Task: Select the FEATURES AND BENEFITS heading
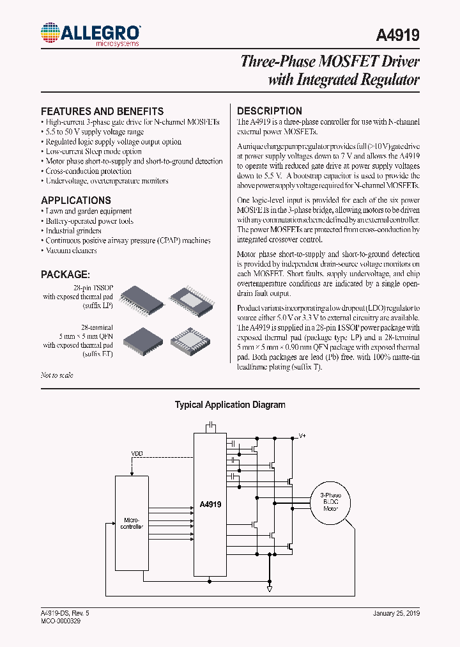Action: pyautogui.click(x=102, y=111)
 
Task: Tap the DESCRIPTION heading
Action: pyautogui.click(x=269, y=111)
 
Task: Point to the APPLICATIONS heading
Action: pyautogui.click(x=76, y=200)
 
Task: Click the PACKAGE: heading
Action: pyautogui.click(x=65, y=274)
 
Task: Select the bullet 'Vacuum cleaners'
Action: pyautogui.click(x=71, y=251)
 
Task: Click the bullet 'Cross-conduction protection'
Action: pyautogui.click(x=88, y=171)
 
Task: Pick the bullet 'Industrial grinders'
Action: pyautogui.click(x=73, y=231)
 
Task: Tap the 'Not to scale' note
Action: pyautogui.click(x=57, y=375)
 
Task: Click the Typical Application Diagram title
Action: pyautogui.click(x=230, y=405)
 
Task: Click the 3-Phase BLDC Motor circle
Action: pyautogui.click(x=330, y=503)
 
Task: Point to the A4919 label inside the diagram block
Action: pyautogui.click(x=210, y=504)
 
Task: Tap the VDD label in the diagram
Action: pyautogui.click(x=137, y=454)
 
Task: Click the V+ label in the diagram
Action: pyautogui.click(x=303, y=435)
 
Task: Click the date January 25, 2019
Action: pyautogui.click(x=396, y=613)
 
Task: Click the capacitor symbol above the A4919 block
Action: pyautogui.click(x=210, y=426)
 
